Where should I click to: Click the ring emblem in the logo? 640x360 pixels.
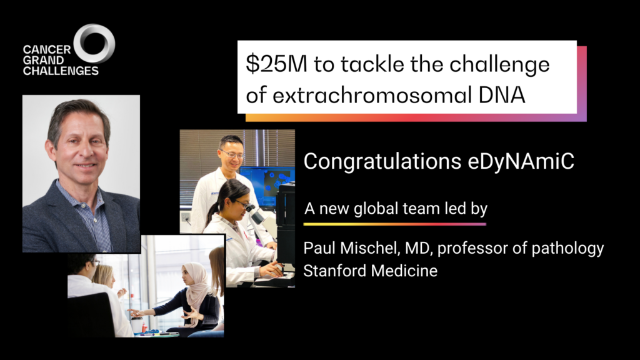94,27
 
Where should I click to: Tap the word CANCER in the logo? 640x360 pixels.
46,50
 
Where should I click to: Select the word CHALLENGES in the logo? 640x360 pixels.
61,71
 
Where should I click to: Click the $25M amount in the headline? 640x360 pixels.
276,64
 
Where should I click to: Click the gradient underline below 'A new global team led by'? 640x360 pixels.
395,224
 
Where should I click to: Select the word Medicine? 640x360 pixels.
414,271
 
